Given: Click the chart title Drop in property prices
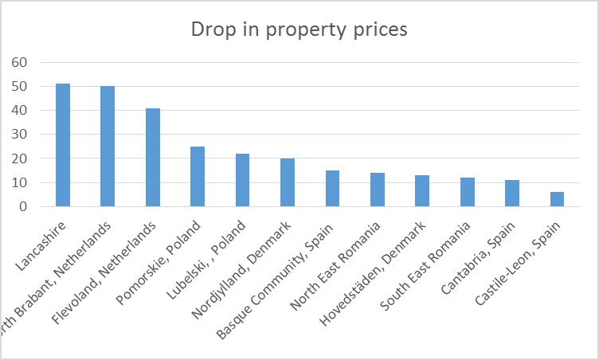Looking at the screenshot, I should click(x=299, y=29).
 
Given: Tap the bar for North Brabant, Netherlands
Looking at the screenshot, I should click(x=108, y=147).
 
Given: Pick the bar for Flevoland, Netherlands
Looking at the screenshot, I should click(x=152, y=158).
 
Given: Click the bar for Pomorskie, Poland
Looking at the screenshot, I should click(x=197, y=177).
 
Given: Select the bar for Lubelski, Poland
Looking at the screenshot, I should click(x=242, y=180).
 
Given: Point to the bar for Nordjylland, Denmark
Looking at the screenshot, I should click(x=287, y=182).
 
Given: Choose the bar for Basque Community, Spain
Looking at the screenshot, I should click(x=332, y=189).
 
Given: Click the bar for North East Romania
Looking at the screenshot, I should click(x=377, y=190).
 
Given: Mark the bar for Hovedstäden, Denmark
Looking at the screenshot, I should click(x=422, y=191).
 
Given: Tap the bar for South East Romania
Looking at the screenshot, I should click(x=467, y=192).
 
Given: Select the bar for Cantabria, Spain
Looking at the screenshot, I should click(x=512, y=194).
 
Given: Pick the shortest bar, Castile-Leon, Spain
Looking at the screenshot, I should click(x=557, y=199).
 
